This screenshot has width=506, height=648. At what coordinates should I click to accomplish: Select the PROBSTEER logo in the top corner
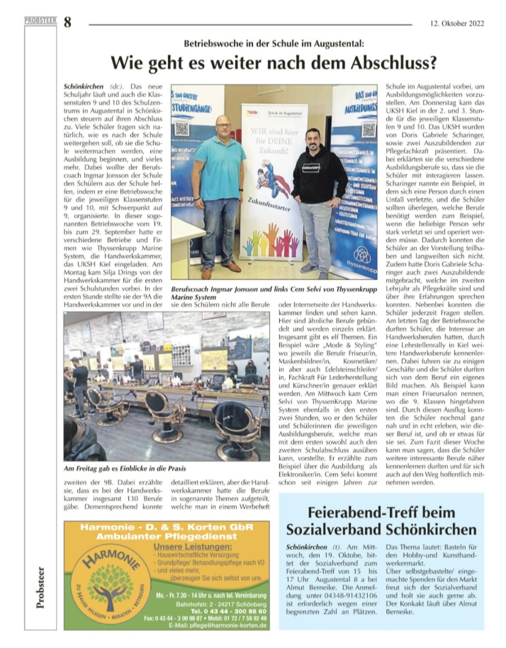(x=40, y=20)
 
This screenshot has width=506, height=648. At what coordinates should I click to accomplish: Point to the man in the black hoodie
(x=318, y=196)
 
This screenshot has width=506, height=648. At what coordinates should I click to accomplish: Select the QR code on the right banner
(x=368, y=129)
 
